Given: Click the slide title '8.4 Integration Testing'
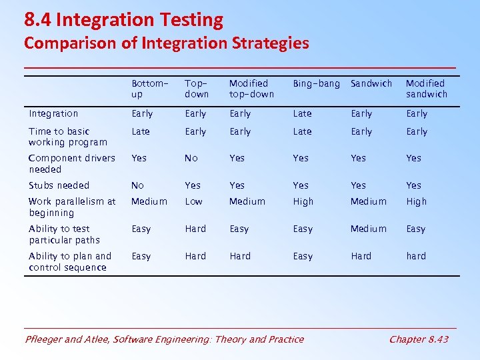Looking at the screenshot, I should point(123,20).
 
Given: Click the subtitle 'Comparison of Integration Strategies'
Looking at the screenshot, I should point(166,44).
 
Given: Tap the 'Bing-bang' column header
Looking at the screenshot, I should point(316,84).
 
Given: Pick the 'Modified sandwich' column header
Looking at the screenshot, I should point(427,89).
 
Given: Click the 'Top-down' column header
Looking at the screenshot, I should point(197,89).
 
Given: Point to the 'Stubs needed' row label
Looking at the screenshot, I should point(59,185).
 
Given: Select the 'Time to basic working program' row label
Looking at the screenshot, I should point(67,137).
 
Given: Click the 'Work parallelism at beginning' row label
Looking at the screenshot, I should point(72,207).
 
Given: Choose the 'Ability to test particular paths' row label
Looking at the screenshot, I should point(64,234).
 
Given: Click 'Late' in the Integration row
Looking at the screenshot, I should point(302,114).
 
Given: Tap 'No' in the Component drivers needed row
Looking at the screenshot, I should point(191,158).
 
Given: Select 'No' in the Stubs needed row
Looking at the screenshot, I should point(137,185).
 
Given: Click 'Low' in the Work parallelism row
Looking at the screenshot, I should point(194,201).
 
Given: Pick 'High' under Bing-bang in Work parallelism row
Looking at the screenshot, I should point(303,201).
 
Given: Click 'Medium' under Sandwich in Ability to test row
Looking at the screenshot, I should point(368,229).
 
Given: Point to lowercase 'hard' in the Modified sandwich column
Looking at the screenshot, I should point(416,256).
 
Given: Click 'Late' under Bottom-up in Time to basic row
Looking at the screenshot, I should point(141,132).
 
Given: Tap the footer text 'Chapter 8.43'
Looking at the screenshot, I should point(418,339).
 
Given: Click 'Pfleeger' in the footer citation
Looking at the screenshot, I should point(45,339).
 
